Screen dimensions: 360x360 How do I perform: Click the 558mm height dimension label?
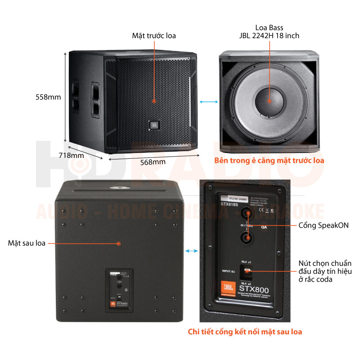pos(48,97)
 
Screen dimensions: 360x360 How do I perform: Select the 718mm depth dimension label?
pos(72,156)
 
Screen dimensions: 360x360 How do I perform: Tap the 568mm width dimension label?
pos(153,162)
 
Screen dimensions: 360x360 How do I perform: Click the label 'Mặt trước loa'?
pos(154,36)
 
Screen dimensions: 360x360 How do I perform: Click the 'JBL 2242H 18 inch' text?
pos(269,36)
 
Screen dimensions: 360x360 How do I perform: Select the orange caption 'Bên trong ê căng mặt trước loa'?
pos(269,160)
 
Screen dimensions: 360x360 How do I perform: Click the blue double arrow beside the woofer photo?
pos(207,103)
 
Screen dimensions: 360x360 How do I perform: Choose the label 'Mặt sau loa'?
pos(27,243)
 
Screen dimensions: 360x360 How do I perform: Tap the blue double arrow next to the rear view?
pos(191,250)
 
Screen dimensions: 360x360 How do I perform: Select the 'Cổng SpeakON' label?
pos(320,225)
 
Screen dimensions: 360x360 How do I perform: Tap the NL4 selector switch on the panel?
pos(247,271)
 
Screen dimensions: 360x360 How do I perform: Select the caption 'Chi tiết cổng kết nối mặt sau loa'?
pos(245,332)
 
